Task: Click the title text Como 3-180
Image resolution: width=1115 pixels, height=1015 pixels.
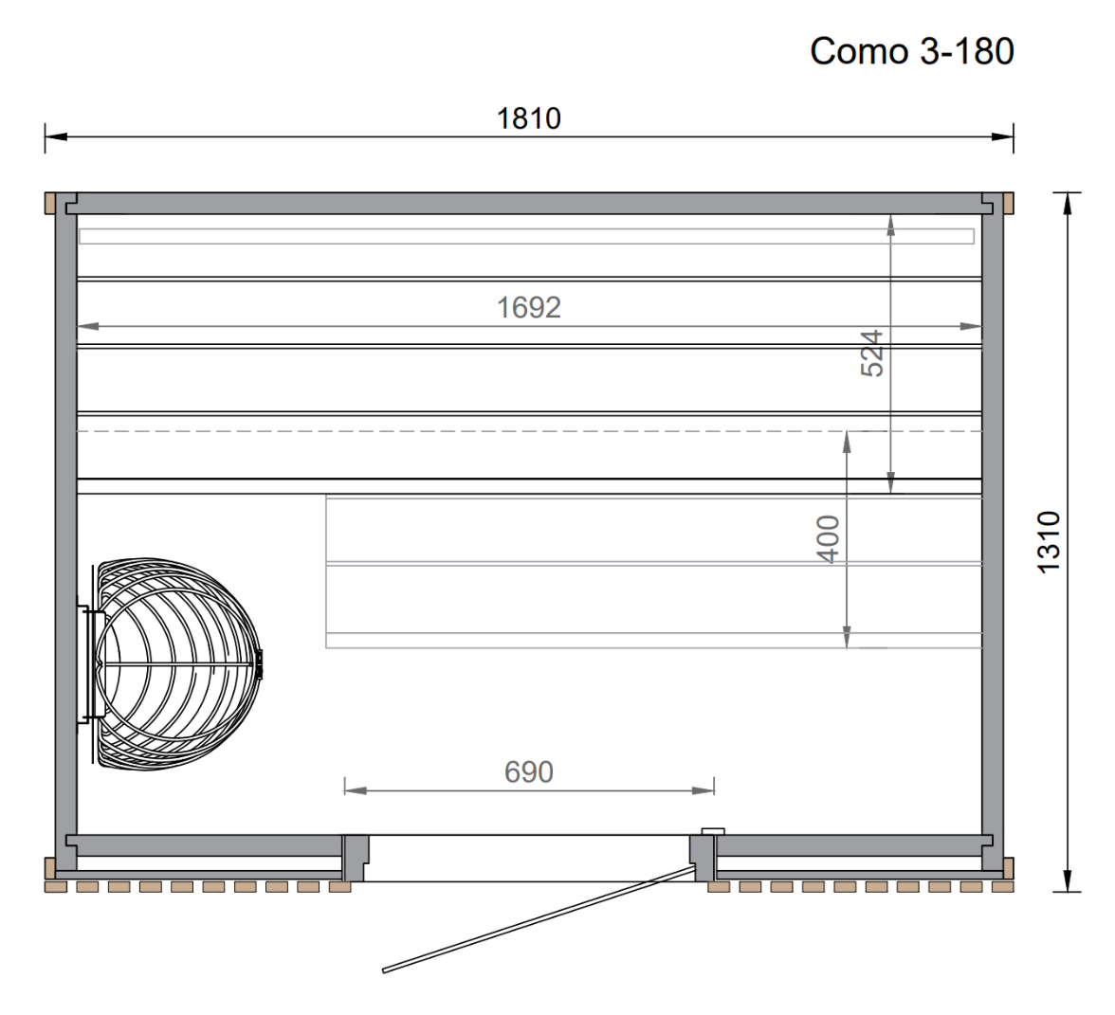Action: click(911, 51)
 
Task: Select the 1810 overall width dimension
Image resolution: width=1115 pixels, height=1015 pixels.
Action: click(529, 118)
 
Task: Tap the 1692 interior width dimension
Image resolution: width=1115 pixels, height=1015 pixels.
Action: click(529, 307)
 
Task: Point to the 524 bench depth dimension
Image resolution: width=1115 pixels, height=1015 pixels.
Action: click(872, 353)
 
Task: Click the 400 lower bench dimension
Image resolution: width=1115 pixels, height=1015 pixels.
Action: click(829, 538)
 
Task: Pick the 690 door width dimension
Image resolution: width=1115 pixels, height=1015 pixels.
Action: click(528, 772)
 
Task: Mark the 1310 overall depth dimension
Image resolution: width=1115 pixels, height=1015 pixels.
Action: click(1049, 541)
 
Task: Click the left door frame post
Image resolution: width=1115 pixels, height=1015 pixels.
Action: click(355, 858)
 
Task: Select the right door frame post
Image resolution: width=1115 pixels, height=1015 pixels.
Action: click(703, 859)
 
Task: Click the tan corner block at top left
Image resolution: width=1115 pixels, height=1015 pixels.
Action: click(49, 203)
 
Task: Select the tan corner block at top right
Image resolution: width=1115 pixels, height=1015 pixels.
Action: click(1009, 203)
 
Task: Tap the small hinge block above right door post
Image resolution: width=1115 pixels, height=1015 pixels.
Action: click(711, 831)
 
